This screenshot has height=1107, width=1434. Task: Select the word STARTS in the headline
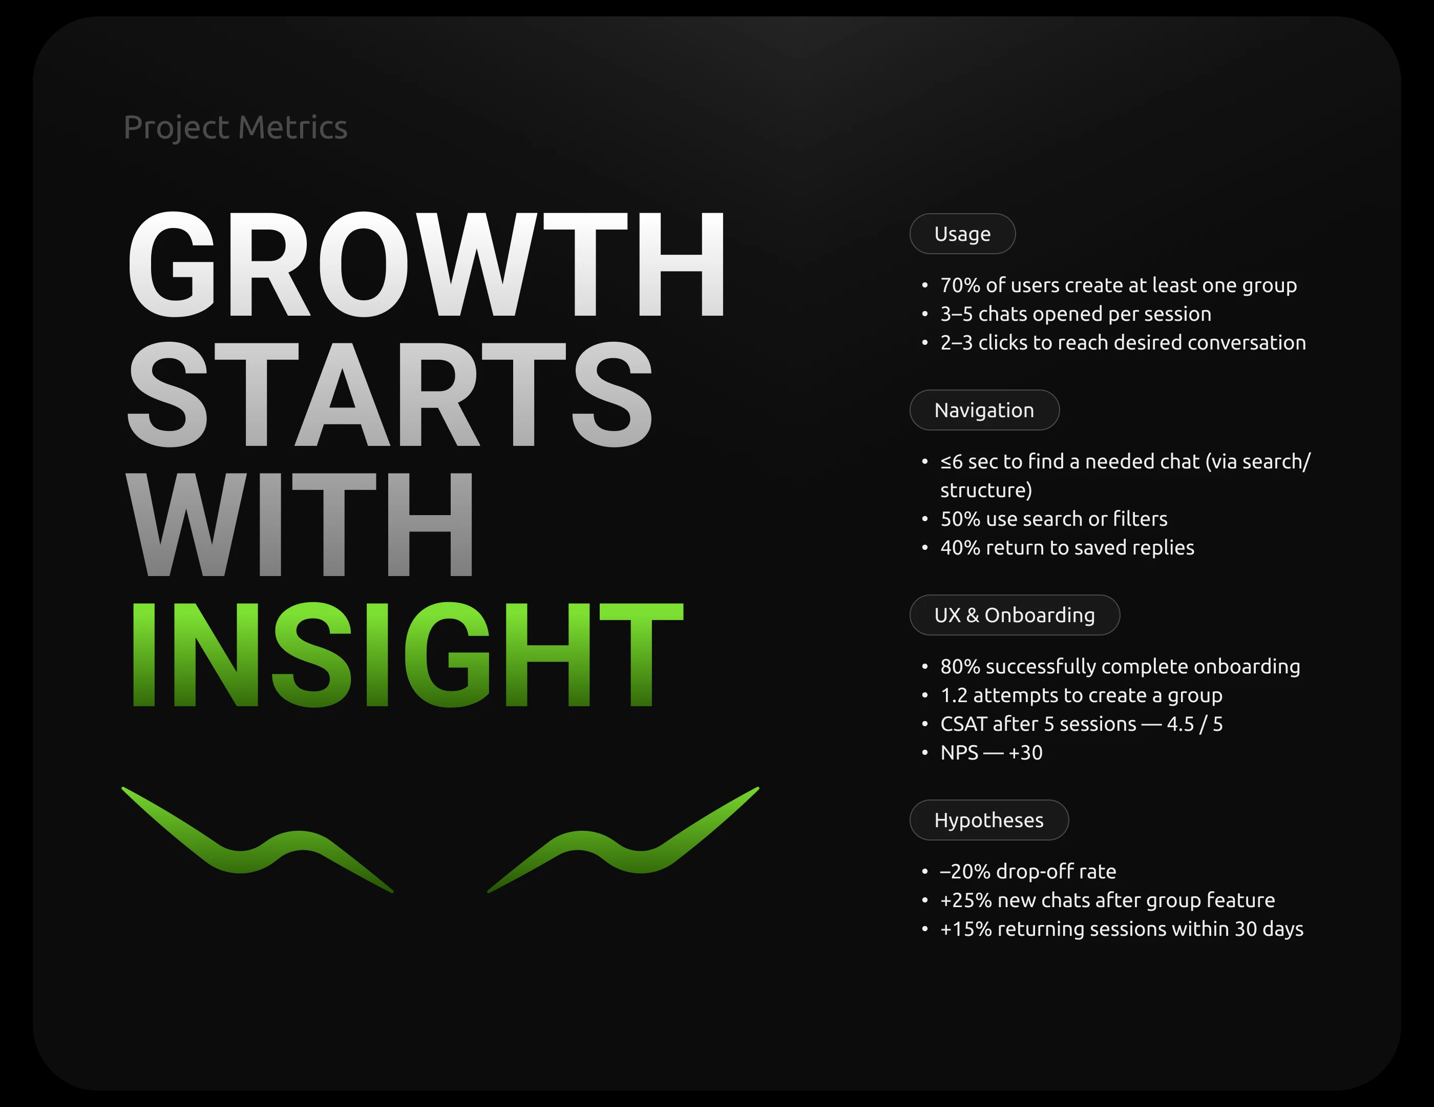click(390, 394)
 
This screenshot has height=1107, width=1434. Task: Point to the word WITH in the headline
click(300, 524)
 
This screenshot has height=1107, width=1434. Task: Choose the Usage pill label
click(962, 234)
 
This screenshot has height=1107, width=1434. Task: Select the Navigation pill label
click(984, 410)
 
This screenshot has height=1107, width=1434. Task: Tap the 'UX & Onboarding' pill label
click(1015, 615)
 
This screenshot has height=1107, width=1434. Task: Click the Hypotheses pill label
click(989, 820)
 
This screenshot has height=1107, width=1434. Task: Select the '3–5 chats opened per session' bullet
click(1075, 314)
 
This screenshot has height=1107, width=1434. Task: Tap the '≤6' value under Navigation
click(952, 462)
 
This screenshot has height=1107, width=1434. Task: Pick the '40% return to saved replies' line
click(1067, 548)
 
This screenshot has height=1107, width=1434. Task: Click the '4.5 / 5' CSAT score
click(1195, 724)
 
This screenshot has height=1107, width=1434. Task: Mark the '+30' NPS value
click(1026, 753)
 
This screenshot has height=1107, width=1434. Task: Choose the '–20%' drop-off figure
click(965, 872)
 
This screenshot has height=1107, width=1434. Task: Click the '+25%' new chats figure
click(966, 900)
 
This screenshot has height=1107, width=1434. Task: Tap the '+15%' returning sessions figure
click(966, 930)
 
